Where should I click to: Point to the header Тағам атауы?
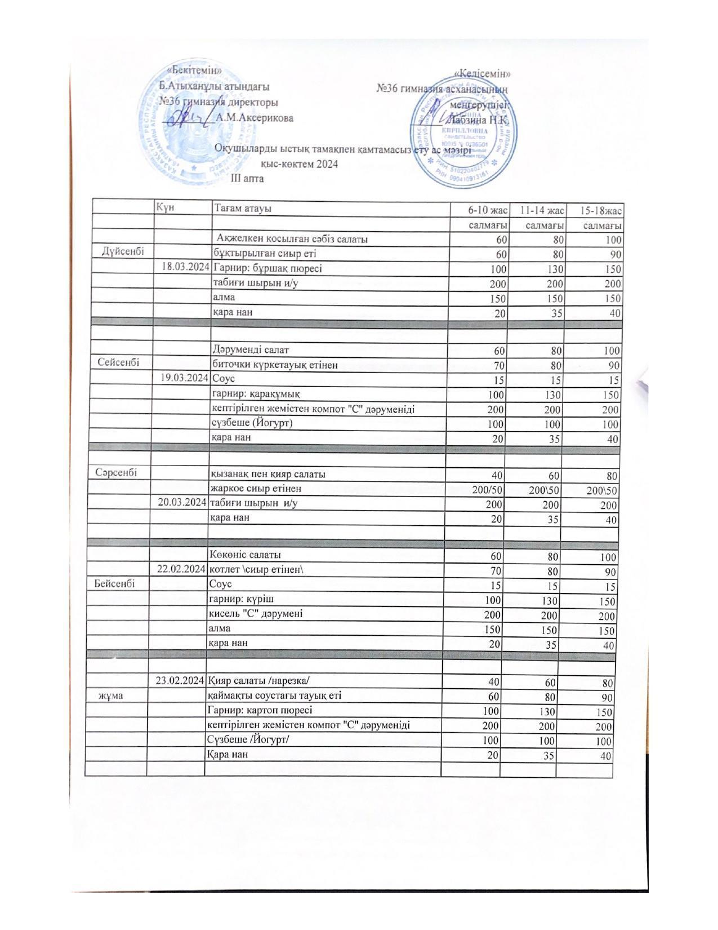(x=243, y=208)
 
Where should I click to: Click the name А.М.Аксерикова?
(x=255, y=118)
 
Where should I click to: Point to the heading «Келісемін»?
(x=483, y=74)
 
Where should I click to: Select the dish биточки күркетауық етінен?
(x=274, y=365)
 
